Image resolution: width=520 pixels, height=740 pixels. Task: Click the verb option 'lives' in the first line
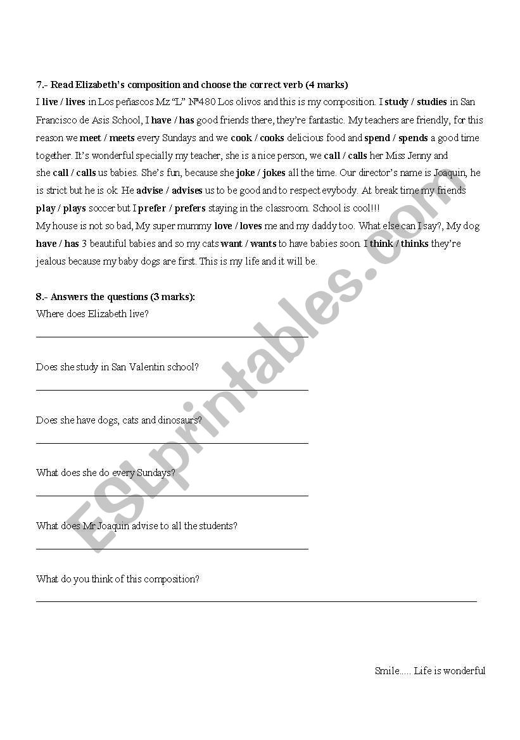[x=75, y=102]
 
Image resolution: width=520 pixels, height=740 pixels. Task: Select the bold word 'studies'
[x=432, y=102]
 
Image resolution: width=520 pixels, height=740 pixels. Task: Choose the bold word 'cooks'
[x=272, y=138]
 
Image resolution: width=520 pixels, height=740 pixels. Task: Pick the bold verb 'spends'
[x=413, y=138]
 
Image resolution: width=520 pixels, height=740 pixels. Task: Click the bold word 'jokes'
[x=274, y=173]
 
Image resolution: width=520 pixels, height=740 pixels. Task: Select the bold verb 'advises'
[x=187, y=191]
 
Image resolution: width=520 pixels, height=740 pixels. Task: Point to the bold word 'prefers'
[x=190, y=208]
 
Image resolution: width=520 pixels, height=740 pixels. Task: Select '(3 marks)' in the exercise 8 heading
[x=172, y=297]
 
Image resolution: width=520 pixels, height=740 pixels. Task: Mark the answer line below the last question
[x=257, y=601]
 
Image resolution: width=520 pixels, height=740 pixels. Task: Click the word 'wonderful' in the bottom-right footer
[x=464, y=671]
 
